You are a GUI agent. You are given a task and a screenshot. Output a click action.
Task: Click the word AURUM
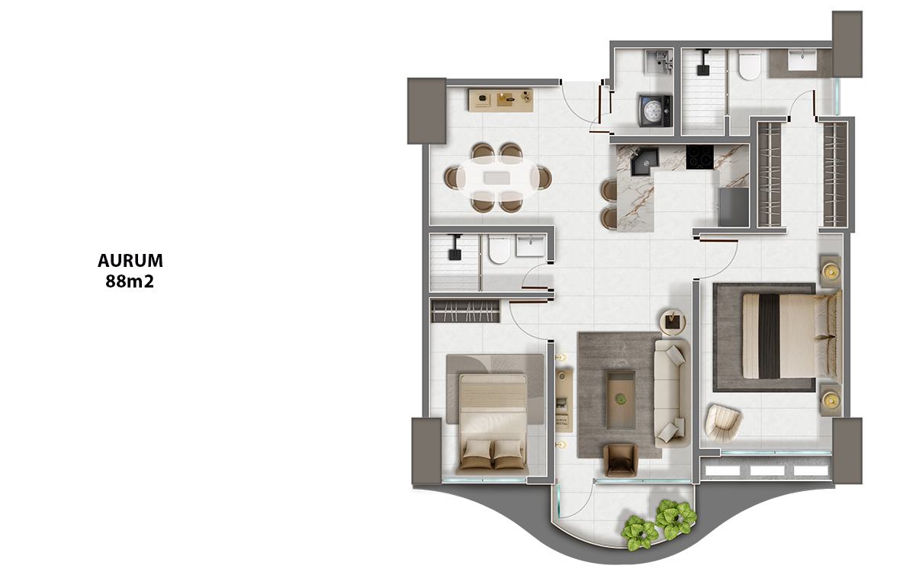coord(130,261)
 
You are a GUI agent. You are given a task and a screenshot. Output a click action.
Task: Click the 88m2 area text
coord(130,281)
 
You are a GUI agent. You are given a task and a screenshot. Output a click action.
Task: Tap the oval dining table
coord(498,178)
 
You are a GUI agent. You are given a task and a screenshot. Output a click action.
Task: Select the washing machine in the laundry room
coord(655,111)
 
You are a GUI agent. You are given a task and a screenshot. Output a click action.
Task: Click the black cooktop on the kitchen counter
coord(699,157)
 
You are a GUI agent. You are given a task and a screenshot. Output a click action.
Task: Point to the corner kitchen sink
coord(644,161)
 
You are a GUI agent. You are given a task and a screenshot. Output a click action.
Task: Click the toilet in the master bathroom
coord(749,66)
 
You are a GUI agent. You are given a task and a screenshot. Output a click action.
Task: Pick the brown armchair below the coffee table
coord(620,460)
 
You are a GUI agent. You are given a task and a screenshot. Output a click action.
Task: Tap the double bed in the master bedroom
coord(792,336)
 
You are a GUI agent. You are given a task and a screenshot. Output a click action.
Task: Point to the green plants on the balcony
coord(659,524)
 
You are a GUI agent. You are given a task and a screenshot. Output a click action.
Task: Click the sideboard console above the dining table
coord(501,100)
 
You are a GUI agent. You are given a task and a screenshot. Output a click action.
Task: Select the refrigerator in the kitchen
coord(733,207)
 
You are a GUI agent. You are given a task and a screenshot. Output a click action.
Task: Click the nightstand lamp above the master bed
coord(831,271)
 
